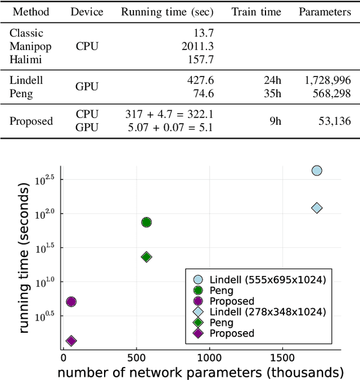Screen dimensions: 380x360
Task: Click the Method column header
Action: tap(31, 12)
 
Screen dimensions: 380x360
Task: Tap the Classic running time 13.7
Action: tap(201, 34)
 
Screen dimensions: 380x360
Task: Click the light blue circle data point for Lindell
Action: tap(317, 171)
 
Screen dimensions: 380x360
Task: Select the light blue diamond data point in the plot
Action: tap(317, 208)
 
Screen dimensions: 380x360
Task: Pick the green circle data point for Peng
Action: tap(146, 222)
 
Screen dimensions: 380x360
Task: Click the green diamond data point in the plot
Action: tap(146, 257)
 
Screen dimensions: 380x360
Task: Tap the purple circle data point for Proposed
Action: tap(71, 302)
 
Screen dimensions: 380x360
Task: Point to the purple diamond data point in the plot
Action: tap(71, 341)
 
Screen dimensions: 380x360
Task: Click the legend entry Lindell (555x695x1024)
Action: tap(267, 279)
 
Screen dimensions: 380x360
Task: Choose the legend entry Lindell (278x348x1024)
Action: tap(267, 312)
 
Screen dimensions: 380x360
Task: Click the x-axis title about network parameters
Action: tap(200, 372)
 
